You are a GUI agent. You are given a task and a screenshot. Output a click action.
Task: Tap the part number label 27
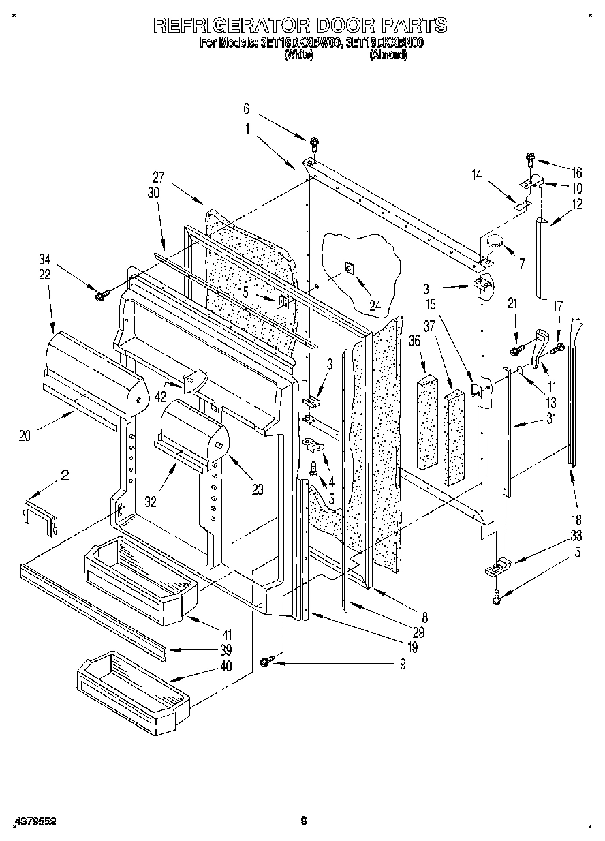159,177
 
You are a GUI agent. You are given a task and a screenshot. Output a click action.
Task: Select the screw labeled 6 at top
314,143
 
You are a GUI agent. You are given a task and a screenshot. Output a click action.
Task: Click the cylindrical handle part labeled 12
544,258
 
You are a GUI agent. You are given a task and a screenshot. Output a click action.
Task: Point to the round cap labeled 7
495,241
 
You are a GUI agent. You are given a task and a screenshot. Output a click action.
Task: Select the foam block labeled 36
428,420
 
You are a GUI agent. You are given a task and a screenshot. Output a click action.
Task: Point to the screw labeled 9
268,659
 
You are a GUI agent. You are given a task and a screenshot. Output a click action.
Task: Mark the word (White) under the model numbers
298,56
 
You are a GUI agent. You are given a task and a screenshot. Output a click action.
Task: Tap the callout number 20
25,437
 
